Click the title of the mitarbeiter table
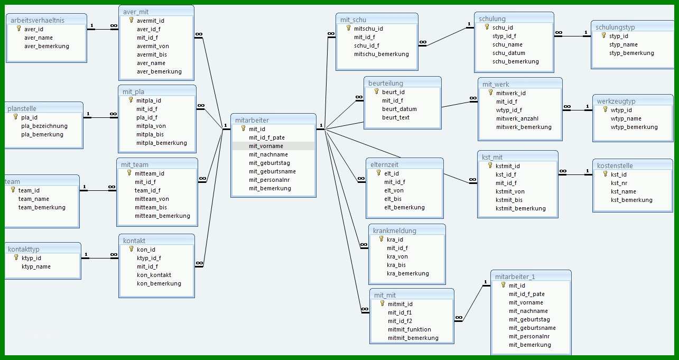(252, 120)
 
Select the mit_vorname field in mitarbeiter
(266, 146)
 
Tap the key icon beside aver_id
(19, 29)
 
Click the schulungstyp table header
(615, 27)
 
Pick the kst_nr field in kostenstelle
(619, 183)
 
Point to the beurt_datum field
(399, 109)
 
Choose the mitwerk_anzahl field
(517, 118)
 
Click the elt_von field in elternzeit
(394, 190)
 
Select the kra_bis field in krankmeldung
(396, 265)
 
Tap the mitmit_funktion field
(409, 329)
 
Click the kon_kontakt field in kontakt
(154, 275)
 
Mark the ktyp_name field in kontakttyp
(36, 266)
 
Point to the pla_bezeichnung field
(44, 126)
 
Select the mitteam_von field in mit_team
(152, 199)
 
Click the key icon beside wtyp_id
(606, 109)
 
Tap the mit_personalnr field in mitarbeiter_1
(529, 336)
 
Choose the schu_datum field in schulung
(509, 53)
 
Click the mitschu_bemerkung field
(382, 54)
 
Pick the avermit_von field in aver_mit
(153, 46)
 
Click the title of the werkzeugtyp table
(616, 101)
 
